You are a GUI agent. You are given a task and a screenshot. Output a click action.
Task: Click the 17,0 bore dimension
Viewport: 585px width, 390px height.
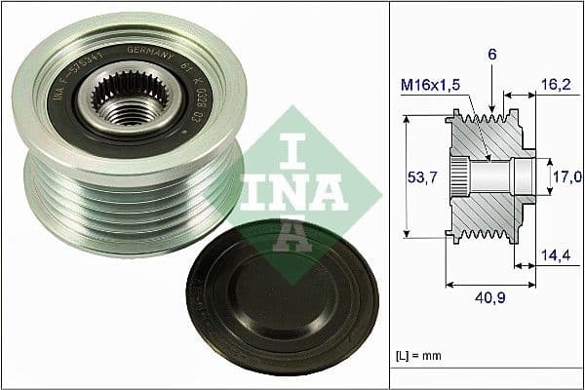[567, 176]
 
